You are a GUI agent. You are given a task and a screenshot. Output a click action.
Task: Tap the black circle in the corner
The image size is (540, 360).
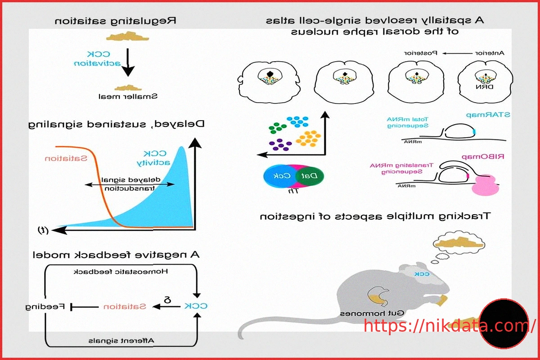tap(503, 323)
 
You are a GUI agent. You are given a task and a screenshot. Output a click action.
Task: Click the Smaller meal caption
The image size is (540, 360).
tap(128, 96)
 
